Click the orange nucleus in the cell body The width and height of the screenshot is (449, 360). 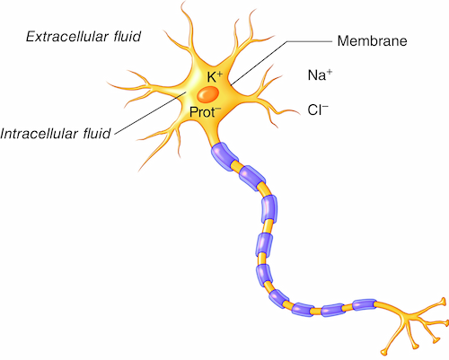pyautogui.click(x=208, y=94)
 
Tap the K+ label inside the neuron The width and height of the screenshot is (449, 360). pyautogui.click(x=215, y=76)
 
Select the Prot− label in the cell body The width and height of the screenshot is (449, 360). pyautogui.click(x=205, y=112)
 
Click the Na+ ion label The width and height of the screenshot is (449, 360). pyautogui.click(x=320, y=75)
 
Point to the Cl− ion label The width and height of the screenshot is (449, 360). pyautogui.click(x=318, y=110)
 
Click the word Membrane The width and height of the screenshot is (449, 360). pyautogui.click(x=372, y=40)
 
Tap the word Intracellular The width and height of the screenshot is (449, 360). pyautogui.click(x=40, y=133)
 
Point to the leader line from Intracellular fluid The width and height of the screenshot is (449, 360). pyautogui.click(x=151, y=113)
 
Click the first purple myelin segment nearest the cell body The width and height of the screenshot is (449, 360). pyautogui.click(x=224, y=156)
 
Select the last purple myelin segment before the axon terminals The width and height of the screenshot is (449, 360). pyautogui.click(x=364, y=304)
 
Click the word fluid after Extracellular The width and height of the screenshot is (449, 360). pyautogui.click(x=127, y=36)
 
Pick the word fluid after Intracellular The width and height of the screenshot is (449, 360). pyautogui.click(x=97, y=133)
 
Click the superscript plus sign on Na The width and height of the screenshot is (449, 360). pyautogui.click(x=330, y=72)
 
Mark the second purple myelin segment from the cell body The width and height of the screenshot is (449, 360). pyautogui.click(x=252, y=179)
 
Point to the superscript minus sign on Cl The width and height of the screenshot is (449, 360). pyautogui.click(x=325, y=106)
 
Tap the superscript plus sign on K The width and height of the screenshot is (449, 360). pyautogui.click(x=219, y=74)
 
